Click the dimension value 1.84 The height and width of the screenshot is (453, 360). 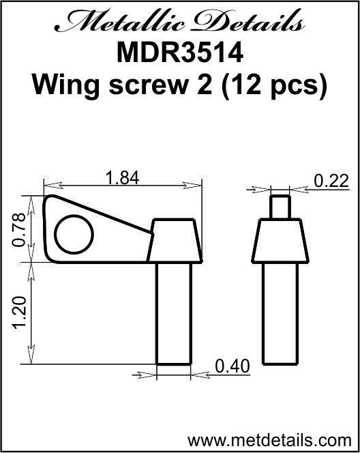123,178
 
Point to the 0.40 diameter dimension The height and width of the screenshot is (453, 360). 232,366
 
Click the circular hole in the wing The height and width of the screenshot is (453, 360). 73,236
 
